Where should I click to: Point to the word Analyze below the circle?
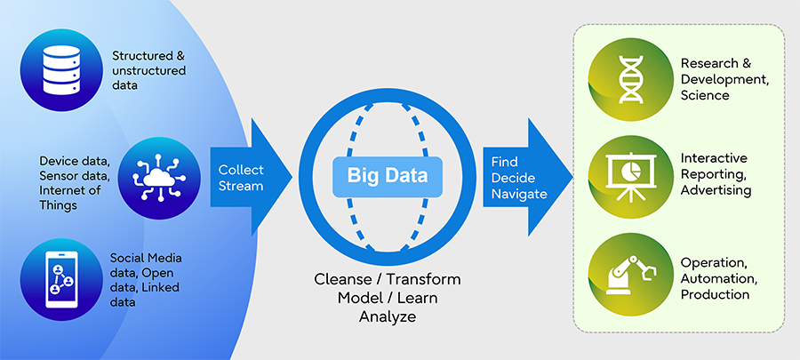pyautogui.click(x=387, y=316)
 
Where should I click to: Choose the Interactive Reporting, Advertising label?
pyautogui.click(x=715, y=173)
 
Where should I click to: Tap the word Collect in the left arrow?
pyautogui.click(x=241, y=170)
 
